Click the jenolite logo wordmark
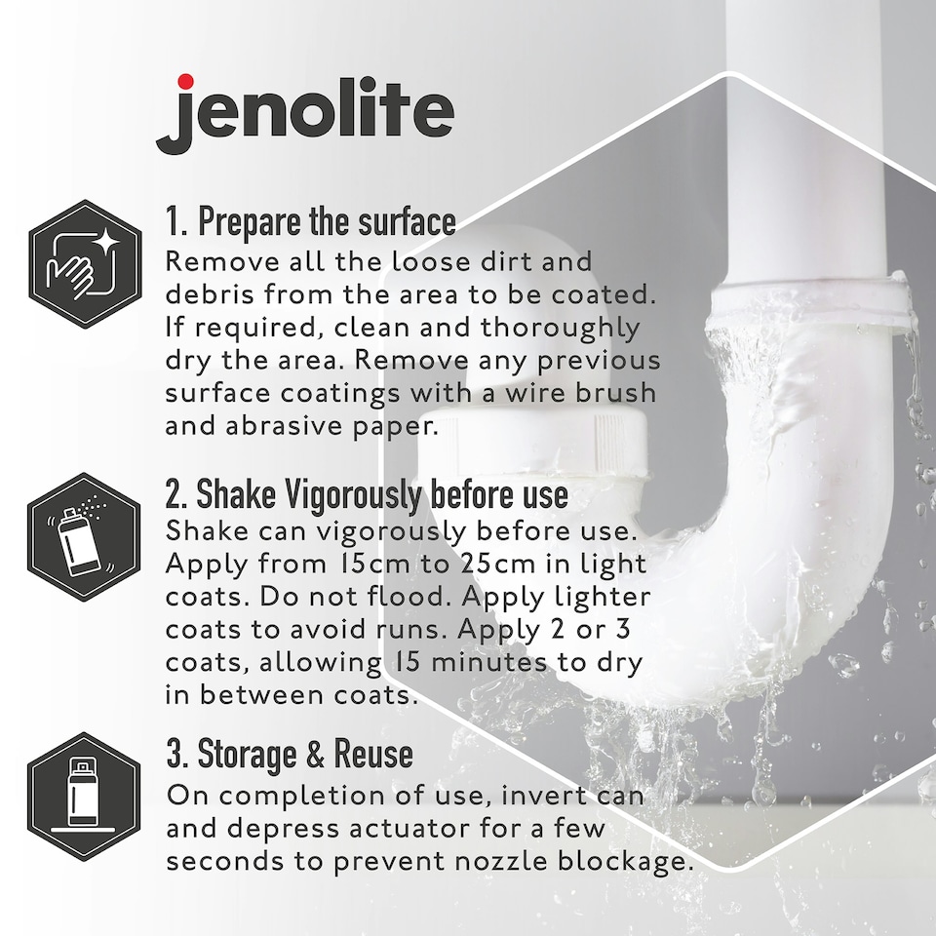[304, 114]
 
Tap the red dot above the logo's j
[185, 82]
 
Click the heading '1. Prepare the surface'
[310, 222]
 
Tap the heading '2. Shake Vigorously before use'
[366, 494]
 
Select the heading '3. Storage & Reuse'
[289, 754]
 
